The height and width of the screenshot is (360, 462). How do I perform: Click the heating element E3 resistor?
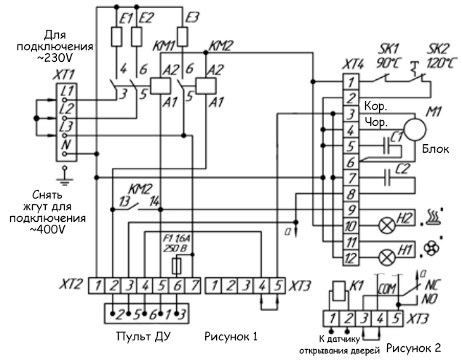[183, 36]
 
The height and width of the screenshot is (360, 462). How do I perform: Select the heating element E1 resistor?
[116, 36]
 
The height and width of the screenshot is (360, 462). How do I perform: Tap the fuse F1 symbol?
[177, 266]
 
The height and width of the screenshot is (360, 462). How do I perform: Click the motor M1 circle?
[415, 129]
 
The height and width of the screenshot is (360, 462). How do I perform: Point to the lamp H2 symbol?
[386, 226]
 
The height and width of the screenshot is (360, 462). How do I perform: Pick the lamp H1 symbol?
[386, 258]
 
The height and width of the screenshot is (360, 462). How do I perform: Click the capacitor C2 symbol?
[388, 177]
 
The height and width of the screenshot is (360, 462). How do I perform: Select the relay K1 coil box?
[338, 291]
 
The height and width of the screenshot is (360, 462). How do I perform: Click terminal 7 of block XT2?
[193, 286]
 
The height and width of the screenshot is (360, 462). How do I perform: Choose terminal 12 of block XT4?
[351, 258]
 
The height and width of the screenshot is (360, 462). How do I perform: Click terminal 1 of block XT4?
[351, 81]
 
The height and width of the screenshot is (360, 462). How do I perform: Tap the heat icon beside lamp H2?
[434, 217]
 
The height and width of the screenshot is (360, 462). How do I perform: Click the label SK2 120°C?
[439, 55]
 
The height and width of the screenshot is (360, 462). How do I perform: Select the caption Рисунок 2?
[414, 348]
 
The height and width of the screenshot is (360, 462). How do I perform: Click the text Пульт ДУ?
[143, 337]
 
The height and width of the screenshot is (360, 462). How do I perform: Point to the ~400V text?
[47, 229]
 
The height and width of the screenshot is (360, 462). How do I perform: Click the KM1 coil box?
[160, 86]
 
